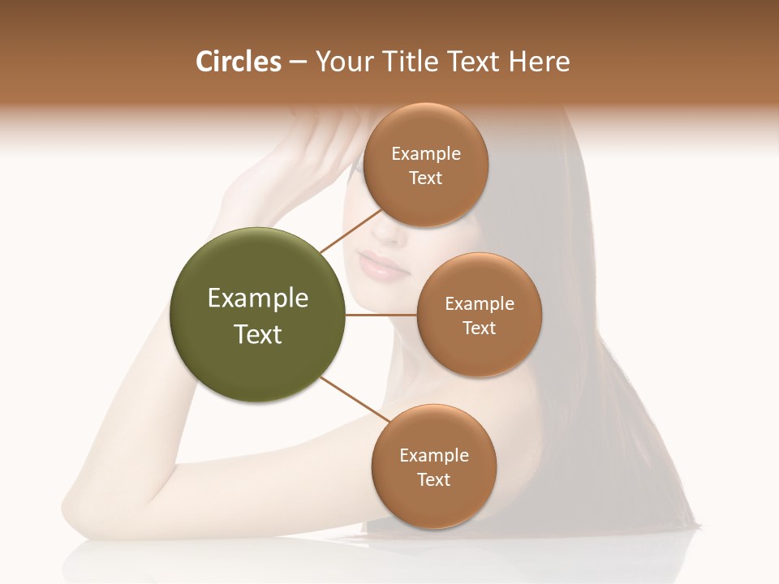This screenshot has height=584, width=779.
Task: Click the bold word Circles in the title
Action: (x=239, y=62)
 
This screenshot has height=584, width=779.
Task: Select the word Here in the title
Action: (x=539, y=62)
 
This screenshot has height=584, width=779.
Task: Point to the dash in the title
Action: (x=297, y=62)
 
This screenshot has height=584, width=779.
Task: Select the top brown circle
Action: (x=425, y=165)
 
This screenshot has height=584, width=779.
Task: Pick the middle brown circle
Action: (x=479, y=315)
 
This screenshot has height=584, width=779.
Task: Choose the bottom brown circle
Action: (x=433, y=466)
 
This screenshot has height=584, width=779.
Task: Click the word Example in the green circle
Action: (x=258, y=298)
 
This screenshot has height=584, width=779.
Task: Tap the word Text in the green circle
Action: (x=258, y=334)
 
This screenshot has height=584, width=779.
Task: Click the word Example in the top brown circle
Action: (x=426, y=154)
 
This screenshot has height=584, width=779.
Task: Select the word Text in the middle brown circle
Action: (x=479, y=328)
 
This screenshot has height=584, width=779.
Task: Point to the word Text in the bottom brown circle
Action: (x=433, y=479)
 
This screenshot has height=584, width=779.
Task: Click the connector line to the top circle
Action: (x=351, y=229)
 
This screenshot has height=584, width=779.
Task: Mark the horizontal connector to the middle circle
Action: (x=381, y=315)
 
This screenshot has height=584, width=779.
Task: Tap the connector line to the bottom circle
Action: (x=353, y=400)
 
